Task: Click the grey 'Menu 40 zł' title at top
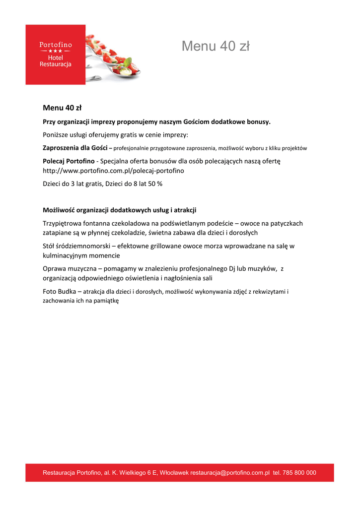[215, 46]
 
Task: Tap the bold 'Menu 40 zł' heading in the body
[62, 108]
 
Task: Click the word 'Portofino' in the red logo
[56, 45]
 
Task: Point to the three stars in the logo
[56, 51]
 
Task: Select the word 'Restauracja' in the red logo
[56, 64]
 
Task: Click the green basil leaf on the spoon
[128, 63]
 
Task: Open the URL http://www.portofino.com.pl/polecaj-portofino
[113, 171]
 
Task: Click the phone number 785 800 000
[299, 473]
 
